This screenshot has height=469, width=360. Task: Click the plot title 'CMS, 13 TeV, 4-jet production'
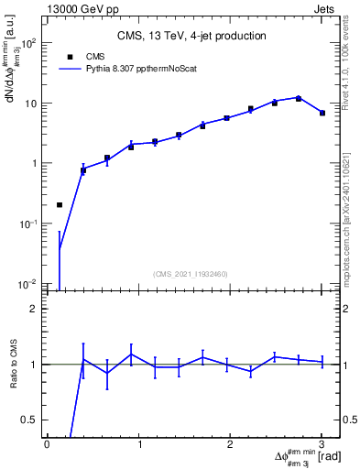(191, 37)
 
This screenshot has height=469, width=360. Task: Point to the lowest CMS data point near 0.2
(60, 205)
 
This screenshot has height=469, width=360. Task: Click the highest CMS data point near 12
(299, 98)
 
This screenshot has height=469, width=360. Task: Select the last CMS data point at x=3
(322, 113)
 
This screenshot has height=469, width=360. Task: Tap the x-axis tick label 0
(47, 444)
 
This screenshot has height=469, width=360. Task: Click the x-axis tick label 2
(230, 444)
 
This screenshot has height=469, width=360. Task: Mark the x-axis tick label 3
(322, 444)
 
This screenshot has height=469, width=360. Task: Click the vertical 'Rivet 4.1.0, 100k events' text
(350, 64)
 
